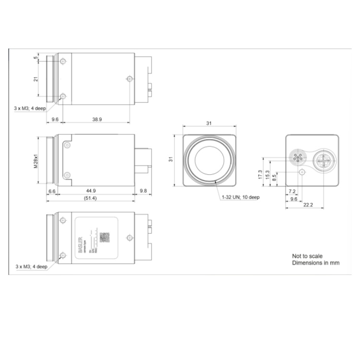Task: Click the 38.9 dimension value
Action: (97, 119)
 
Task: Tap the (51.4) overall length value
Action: (90, 198)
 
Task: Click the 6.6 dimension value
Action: (52, 191)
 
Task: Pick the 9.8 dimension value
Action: (143, 191)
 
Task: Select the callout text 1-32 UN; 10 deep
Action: (240, 197)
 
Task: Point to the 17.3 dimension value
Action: (260, 175)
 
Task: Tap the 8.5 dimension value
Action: (274, 179)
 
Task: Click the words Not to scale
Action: (307, 256)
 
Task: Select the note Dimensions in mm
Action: (315, 263)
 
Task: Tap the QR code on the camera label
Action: (104, 237)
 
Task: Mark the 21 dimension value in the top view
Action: (36, 79)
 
